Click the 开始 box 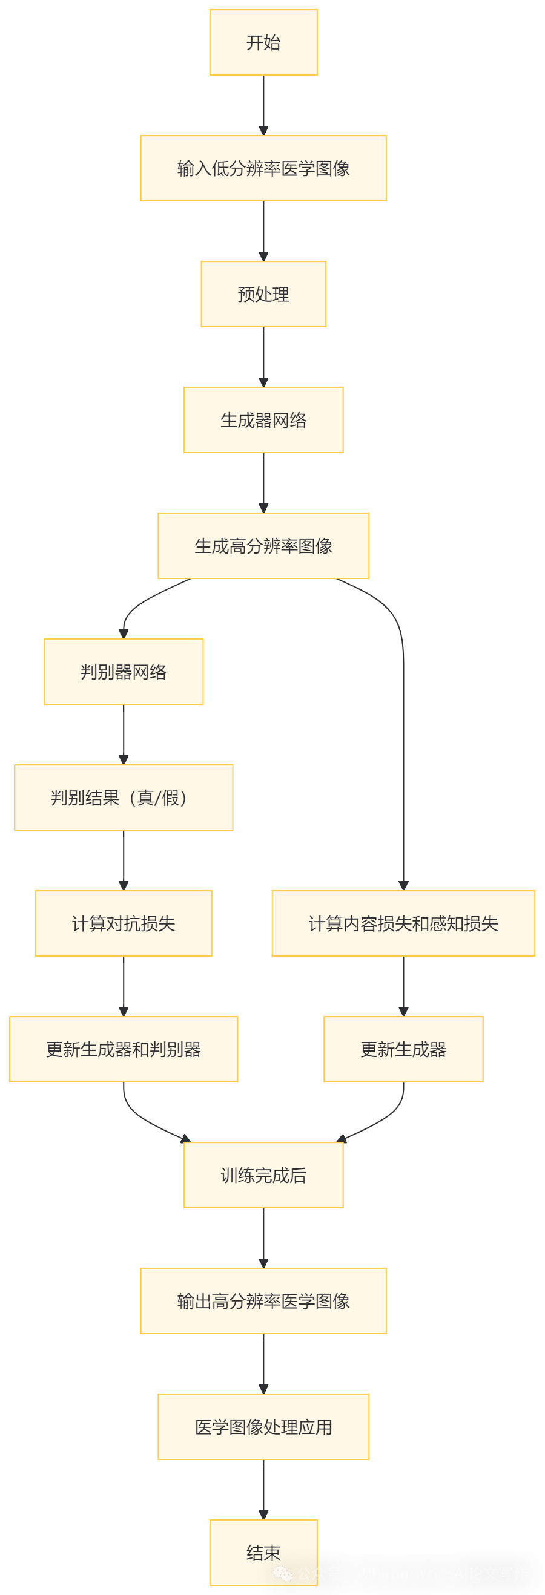pos(263,43)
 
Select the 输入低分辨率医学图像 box pos(263,168)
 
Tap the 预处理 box pos(263,294)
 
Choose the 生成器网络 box pos(263,420)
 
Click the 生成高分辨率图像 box pos(263,546)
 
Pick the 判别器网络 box pos(124,672)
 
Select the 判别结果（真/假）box pos(124,798)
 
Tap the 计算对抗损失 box pos(124,923)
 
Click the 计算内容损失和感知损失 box pos(403,923)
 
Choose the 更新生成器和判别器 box pos(124,1049)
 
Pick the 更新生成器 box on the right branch pos(403,1049)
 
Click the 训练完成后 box pos(263,1175)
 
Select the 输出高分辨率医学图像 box pos(263,1301)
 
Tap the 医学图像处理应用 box pos(263,1427)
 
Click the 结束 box pos(263,1552)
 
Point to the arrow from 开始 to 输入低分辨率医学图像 pos(263,105)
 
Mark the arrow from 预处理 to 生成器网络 pos(263,356)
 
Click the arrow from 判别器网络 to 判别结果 pos(124,735)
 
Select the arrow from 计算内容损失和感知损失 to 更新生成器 pos(403,986)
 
